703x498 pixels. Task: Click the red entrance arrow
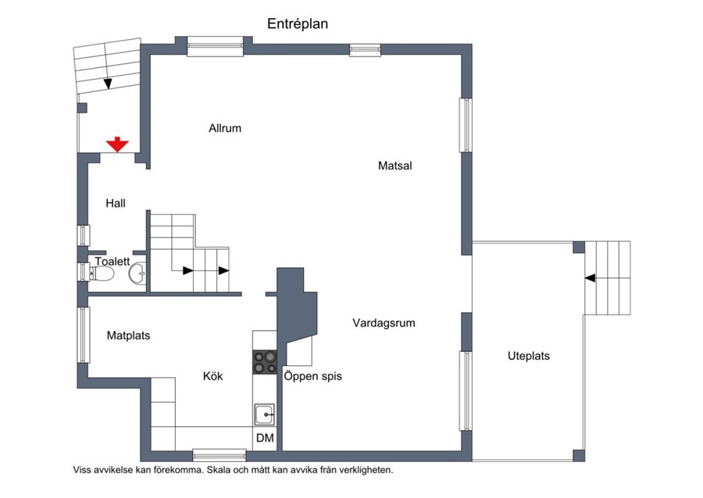pyautogui.click(x=117, y=144)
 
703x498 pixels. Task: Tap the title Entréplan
pyautogui.click(x=298, y=23)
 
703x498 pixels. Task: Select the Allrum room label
pyautogui.click(x=225, y=128)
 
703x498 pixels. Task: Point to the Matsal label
pyautogui.click(x=395, y=165)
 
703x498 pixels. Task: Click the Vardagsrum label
pyautogui.click(x=384, y=323)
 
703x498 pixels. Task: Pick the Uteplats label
pyautogui.click(x=529, y=356)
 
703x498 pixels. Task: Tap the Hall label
pyautogui.click(x=116, y=203)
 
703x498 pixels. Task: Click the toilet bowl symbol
pyautogui.click(x=102, y=274)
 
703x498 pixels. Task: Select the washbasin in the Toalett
pyautogui.click(x=137, y=272)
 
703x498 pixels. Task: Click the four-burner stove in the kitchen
pyautogui.click(x=265, y=362)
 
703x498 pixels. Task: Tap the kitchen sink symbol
pyautogui.click(x=265, y=414)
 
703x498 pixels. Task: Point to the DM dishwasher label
pyautogui.click(x=265, y=438)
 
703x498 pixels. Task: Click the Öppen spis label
pyautogui.click(x=313, y=376)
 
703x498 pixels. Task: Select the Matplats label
pyautogui.click(x=129, y=336)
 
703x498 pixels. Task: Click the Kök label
pyautogui.click(x=213, y=376)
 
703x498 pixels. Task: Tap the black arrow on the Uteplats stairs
pyautogui.click(x=590, y=278)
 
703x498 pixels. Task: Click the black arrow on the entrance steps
pyautogui.click(x=108, y=84)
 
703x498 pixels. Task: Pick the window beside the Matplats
pyautogui.click(x=84, y=335)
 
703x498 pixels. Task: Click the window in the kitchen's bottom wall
pyautogui.click(x=219, y=456)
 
